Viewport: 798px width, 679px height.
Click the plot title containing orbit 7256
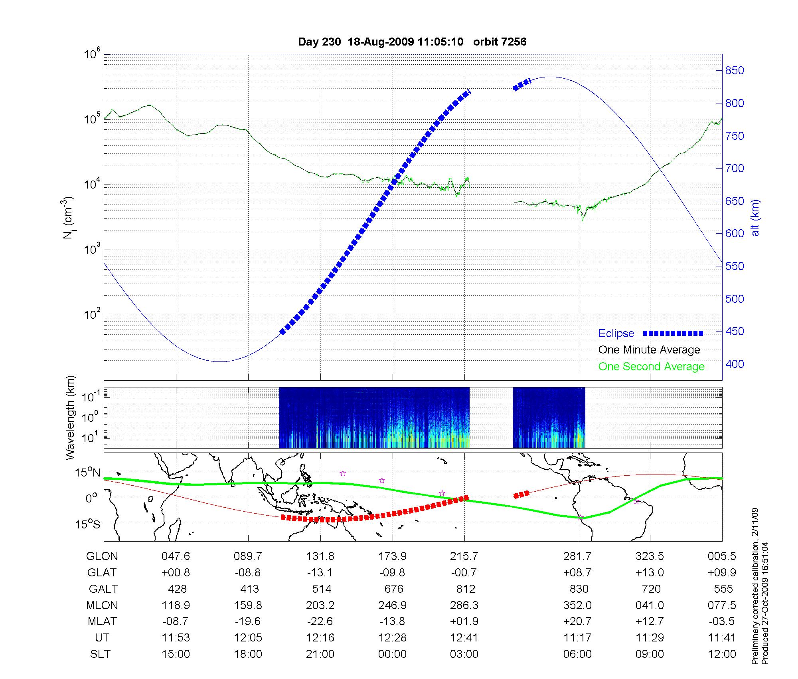(412, 42)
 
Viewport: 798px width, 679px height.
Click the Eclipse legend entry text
(616, 334)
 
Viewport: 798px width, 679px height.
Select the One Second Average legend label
(651, 367)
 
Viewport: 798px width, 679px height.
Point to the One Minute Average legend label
(649, 350)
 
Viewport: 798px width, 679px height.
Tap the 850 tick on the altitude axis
(735, 71)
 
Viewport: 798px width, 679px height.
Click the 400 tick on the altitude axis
(735, 364)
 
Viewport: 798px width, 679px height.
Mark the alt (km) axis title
(755, 218)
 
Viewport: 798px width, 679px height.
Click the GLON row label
(102, 556)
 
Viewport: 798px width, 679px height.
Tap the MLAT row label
(103, 621)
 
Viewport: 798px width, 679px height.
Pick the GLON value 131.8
(320, 556)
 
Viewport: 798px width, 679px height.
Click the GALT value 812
(466, 589)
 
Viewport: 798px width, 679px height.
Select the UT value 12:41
(464, 638)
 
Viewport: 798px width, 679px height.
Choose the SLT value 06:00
(577, 654)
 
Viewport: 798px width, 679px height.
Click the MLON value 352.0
(577, 606)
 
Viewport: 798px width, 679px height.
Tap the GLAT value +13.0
(650, 573)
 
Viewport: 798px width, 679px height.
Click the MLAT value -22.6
(320, 621)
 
